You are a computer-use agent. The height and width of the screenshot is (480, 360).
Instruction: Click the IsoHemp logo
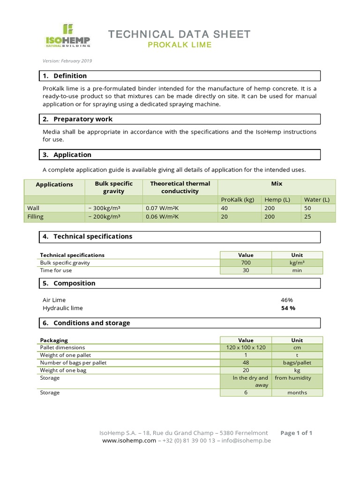pos(67,36)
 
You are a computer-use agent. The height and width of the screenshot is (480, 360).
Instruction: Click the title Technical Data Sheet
pos(180,34)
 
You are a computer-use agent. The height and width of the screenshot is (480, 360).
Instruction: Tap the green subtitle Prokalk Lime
pos(180,45)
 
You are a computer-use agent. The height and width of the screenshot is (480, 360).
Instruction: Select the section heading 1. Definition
pos(65,76)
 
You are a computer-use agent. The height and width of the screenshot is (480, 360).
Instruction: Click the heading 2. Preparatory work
pos(77,119)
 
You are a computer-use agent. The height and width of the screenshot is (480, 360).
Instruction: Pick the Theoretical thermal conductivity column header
pos(180,187)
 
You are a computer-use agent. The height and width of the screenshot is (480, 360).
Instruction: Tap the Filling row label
pos(35,217)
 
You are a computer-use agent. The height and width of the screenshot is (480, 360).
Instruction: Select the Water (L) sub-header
pos(317,200)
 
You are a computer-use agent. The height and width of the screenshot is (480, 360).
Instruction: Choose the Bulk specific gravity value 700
pos(246,263)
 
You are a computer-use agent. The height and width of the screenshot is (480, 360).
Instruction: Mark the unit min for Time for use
pos(297,270)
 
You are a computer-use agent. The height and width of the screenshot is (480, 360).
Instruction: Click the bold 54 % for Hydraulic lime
pos(288,308)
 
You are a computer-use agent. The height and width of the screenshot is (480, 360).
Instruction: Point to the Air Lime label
pos(54,300)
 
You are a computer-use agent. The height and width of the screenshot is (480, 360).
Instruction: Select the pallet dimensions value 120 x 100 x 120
pos(246,348)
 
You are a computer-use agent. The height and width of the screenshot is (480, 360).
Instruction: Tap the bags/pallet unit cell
pos(297,363)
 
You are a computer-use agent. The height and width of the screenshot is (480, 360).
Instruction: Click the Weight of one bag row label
pos(63,370)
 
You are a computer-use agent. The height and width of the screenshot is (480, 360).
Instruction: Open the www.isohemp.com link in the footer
pos(129,441)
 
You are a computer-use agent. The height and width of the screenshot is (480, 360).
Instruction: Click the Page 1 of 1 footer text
pos(296,433)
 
